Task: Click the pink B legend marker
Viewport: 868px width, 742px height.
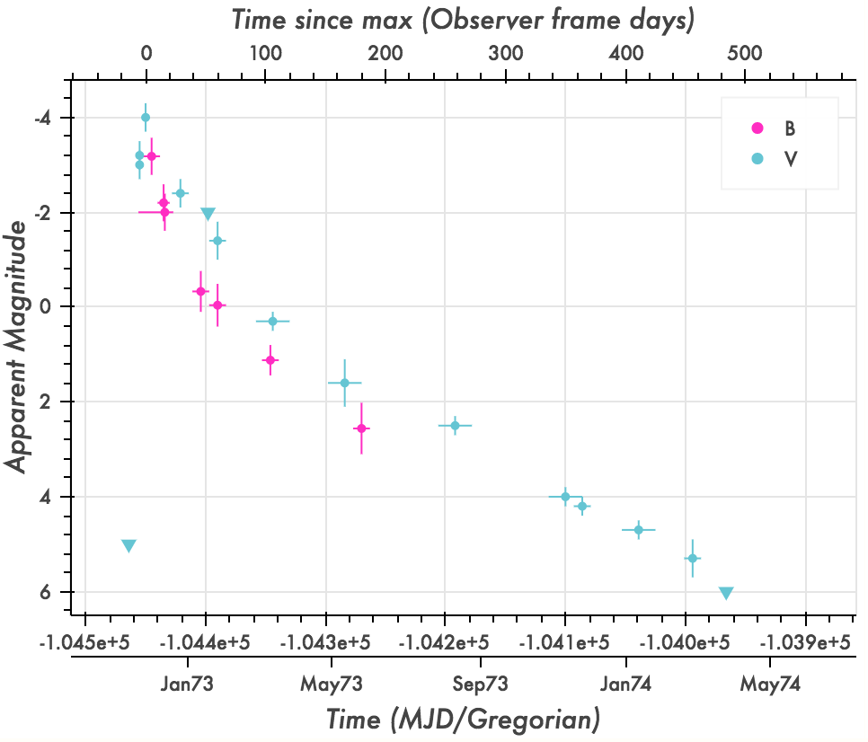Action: (x=757, y=128)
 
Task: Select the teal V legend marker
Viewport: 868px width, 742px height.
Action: (x=757, y=159)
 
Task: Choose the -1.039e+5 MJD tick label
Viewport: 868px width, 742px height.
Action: (x=805, y=643)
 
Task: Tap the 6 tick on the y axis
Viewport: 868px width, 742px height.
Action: (x=56, y=592)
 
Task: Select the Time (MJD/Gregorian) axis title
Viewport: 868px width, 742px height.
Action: (x=463, y=720)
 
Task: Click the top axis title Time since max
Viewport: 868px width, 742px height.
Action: (x=463, y=19)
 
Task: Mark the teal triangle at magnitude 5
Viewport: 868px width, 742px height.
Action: (x=128, y=546)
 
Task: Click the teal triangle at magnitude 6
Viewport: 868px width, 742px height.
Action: (x=726, y=593)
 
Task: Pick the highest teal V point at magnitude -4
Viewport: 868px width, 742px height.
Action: (x=146, y=118)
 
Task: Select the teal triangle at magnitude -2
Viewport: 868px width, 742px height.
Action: (x=208, y=214)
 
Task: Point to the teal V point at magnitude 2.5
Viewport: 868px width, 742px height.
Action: (x=455, y=426)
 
